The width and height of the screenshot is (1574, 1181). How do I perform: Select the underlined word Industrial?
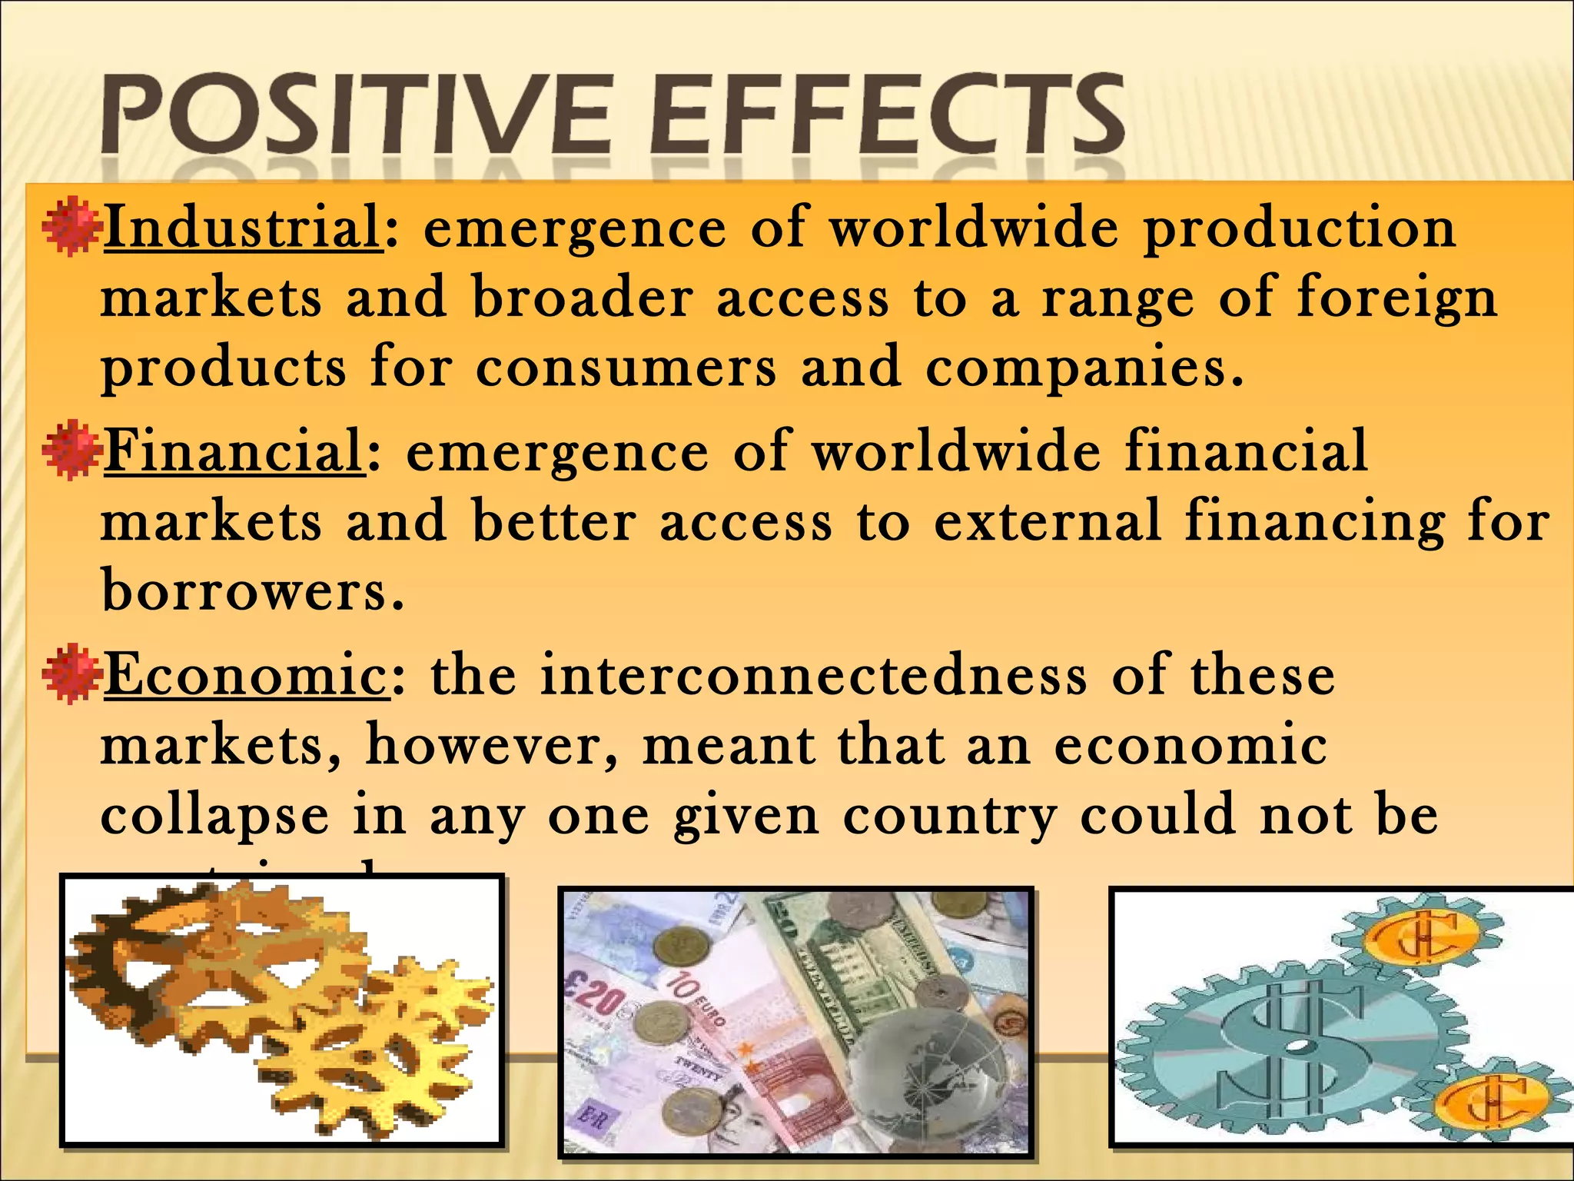click(x=242, y=228)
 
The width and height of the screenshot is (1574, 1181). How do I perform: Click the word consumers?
click(x=626, y=368)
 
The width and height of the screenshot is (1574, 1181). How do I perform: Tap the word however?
click(x=492, y=746)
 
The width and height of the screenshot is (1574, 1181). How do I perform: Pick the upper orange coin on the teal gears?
click(x=1421, y=939)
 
